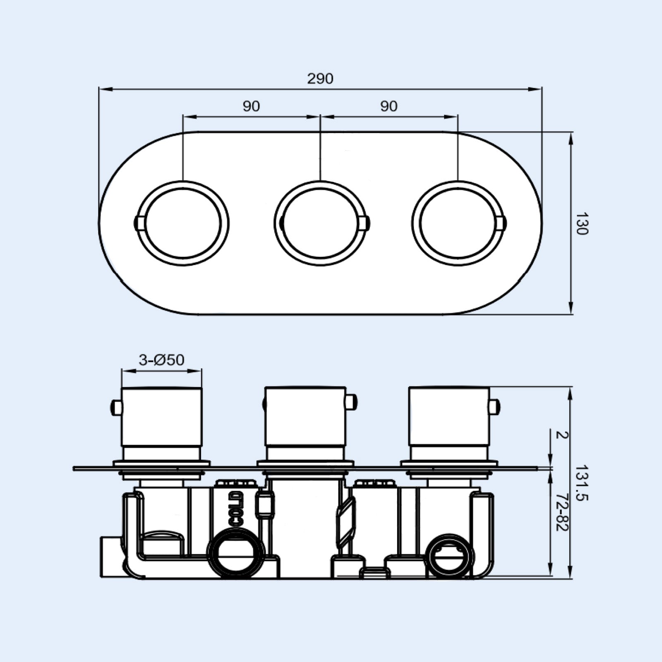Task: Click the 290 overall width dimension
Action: point(320,79)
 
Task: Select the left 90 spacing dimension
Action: point(251,106)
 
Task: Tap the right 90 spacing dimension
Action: point(389,106)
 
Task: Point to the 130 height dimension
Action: point(582,223)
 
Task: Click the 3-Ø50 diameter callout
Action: point(161,360)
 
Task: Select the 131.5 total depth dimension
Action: point(582,482)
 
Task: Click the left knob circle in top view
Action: point(182,223)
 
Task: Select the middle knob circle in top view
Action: point(320,223)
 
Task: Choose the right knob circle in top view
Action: point(458,223)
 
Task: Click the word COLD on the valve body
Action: point(235,509)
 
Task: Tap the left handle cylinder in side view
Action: point(162,418)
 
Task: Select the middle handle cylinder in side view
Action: point(305,418)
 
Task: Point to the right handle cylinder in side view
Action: point(449,418)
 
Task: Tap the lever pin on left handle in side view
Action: point(116,408)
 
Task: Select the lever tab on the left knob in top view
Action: point(139,223)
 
